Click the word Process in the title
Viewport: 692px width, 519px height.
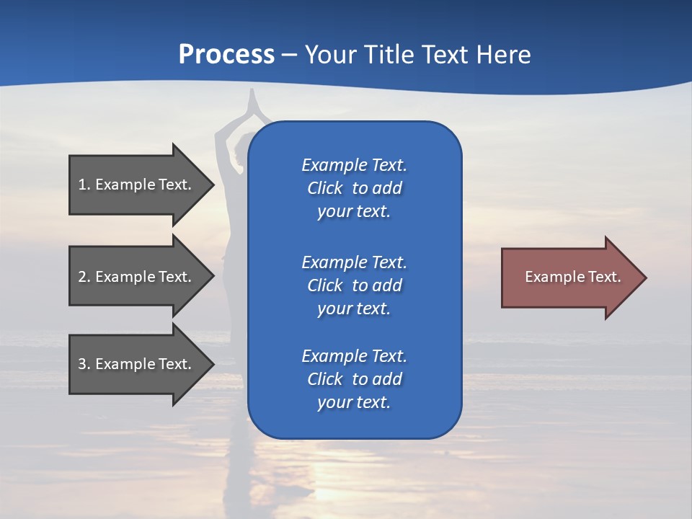coord(226,55)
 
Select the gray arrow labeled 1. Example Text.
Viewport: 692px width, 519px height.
coord(137,185)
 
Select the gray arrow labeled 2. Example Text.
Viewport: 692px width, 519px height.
coord(137,277)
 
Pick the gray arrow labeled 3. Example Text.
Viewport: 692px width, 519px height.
coord(137,364)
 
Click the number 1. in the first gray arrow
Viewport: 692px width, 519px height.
coord(84,185)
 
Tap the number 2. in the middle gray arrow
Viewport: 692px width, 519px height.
coord(84,277)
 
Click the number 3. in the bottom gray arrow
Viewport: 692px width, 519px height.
coord(84,364)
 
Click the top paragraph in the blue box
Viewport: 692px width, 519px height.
coord(354,188)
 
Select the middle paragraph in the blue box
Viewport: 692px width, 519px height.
coord(354,285)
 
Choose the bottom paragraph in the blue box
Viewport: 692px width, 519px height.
coord(354,379)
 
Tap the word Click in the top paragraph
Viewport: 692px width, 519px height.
coord(324,188)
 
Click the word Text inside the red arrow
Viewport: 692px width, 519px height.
coord(604,277)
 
